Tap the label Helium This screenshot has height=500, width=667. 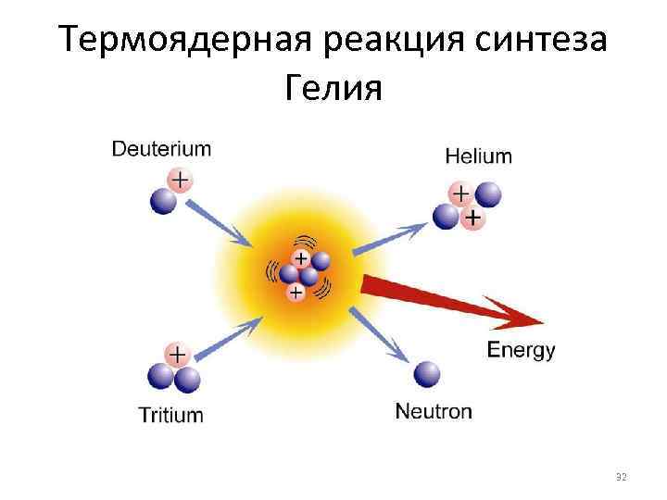[478, 155]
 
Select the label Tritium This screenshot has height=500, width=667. [170, 414]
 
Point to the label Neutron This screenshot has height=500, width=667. [434, 411]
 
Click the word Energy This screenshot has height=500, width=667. [521, 350]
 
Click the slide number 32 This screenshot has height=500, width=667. [622, 478]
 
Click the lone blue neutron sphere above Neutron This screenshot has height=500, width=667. [427, 373]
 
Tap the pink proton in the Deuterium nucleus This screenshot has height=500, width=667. [180, 178]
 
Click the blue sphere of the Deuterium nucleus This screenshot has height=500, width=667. [163, 200]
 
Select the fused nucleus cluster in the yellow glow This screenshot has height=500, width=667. [299, 274]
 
